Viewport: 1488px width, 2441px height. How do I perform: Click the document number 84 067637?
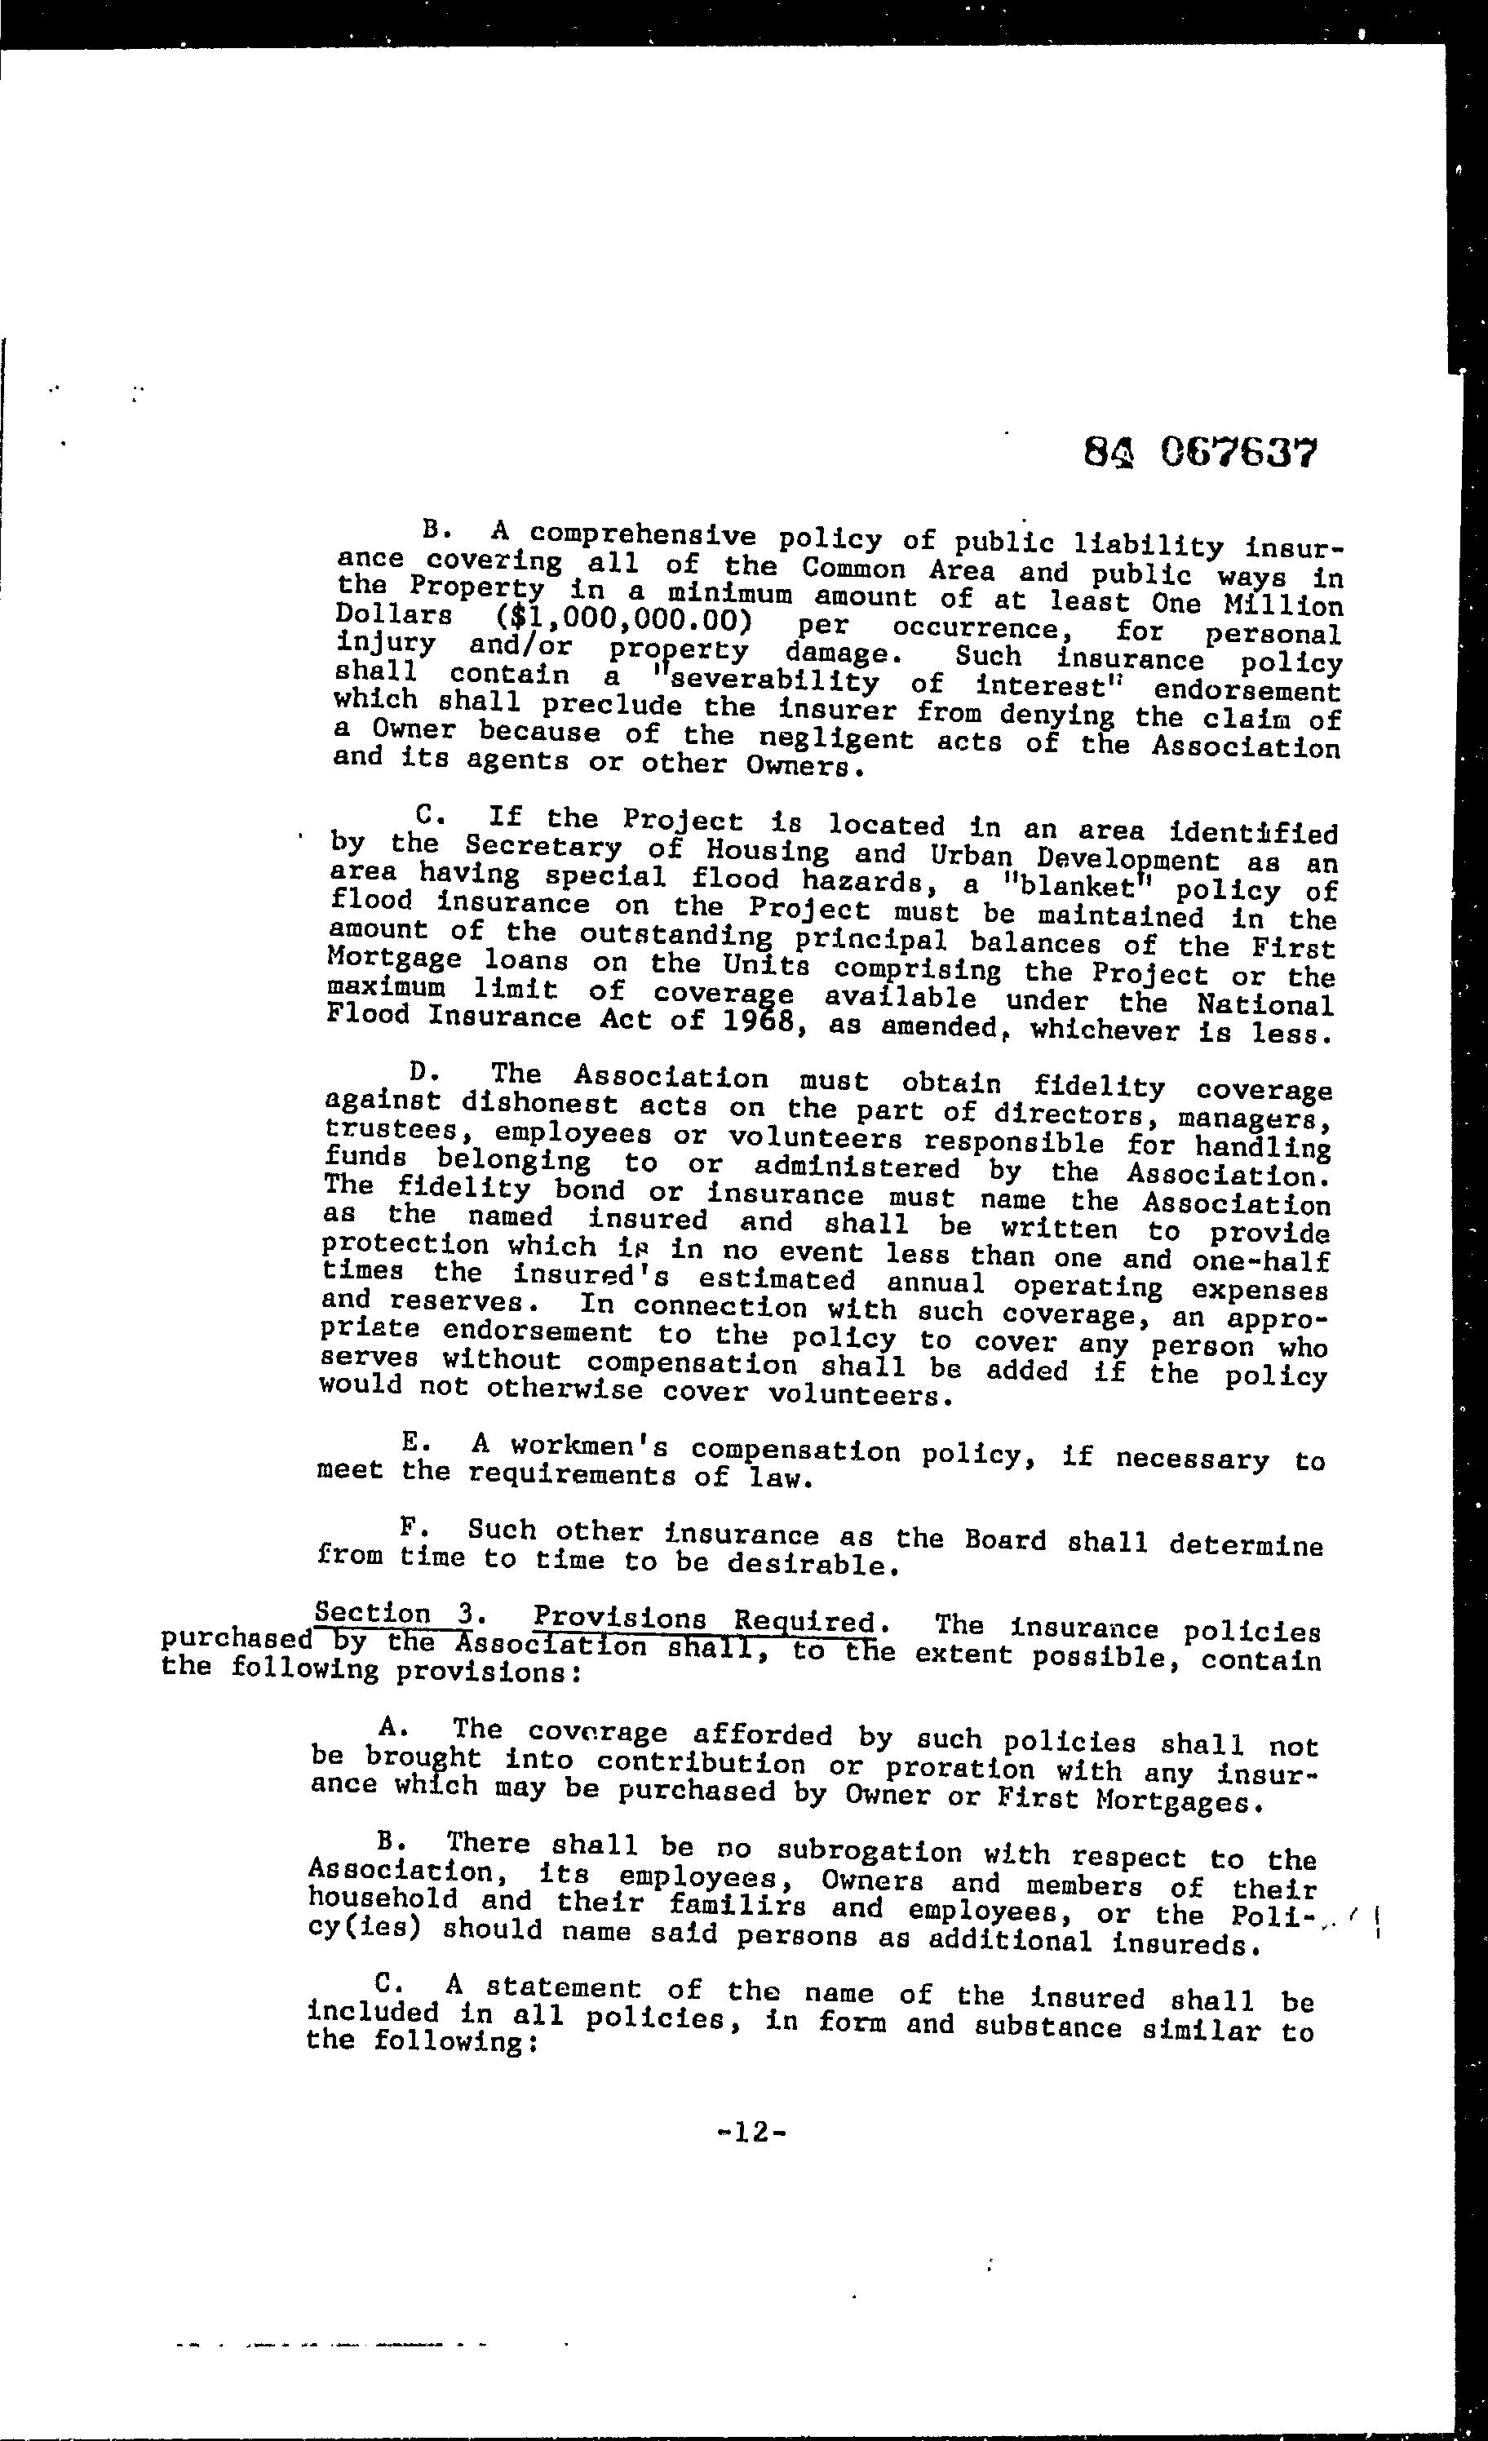tap(1200, 454)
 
